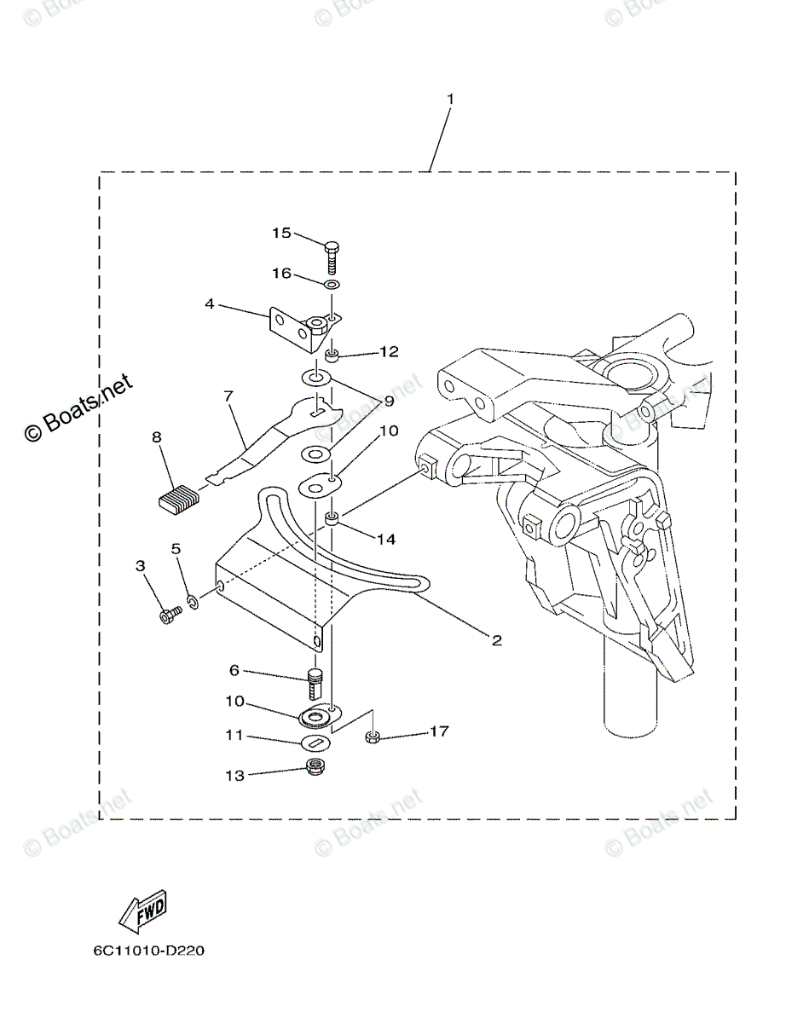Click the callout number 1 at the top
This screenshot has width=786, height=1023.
[x=450, y=100]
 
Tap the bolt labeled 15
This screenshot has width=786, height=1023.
[x=332, y=253]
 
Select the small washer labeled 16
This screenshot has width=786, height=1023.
[x=332, y=283]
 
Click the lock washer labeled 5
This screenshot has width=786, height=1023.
[x=194, y=603]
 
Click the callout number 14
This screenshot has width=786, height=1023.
[x=386, y=539]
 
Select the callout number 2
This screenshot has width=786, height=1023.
[x=495, y=639]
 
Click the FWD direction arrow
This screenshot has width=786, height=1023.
[x=142, y=912]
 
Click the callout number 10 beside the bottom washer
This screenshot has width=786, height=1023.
[x=235, y=701]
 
